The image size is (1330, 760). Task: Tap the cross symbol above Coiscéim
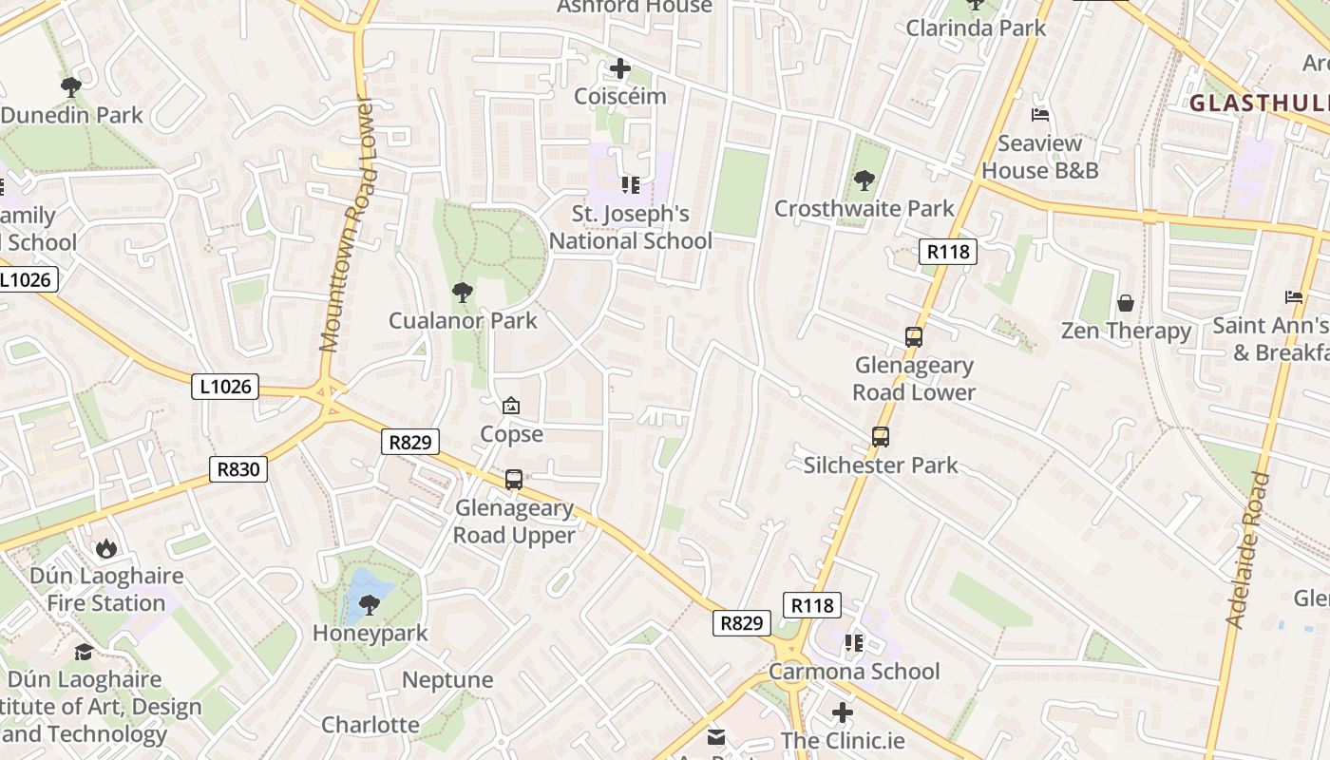[620, 68]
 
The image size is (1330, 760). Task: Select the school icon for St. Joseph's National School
[631, 184]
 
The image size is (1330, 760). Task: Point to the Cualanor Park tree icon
[463, 293]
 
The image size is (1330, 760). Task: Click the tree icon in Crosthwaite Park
[864, 180]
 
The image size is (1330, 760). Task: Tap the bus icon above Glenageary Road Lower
[914, 337]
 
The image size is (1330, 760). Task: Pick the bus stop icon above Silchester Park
[881, 437]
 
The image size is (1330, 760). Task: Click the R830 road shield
[238, 469]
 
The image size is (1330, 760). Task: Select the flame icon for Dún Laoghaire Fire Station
[105, 548]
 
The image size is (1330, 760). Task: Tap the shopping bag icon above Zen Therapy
[1126, 303]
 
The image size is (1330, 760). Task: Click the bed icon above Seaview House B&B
[1040, 115]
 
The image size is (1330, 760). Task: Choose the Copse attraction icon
[511, 406]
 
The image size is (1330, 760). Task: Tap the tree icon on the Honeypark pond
[370, 604]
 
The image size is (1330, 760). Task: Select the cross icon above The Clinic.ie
[842, 712]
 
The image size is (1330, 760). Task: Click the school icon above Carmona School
[854, 643]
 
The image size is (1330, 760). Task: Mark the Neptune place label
[447, 680]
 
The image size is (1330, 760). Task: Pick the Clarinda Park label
[976, 28]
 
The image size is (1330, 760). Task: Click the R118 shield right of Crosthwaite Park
[948, 252]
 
